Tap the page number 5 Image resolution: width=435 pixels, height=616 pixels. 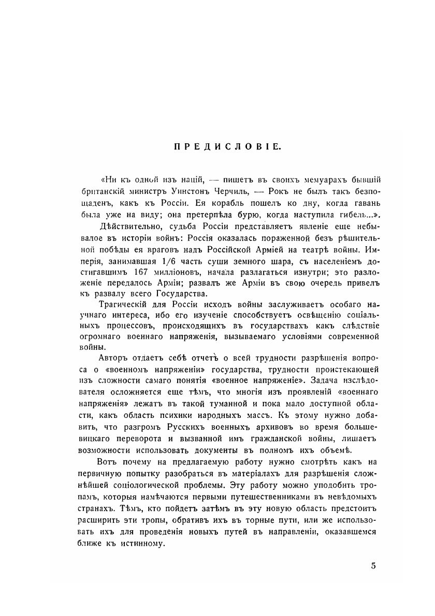pyautogui.click(x=373, y=565)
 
